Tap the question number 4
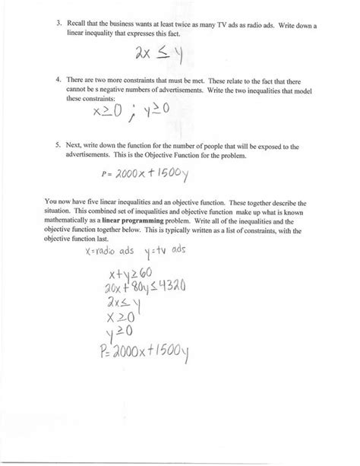tap(59, 80)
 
